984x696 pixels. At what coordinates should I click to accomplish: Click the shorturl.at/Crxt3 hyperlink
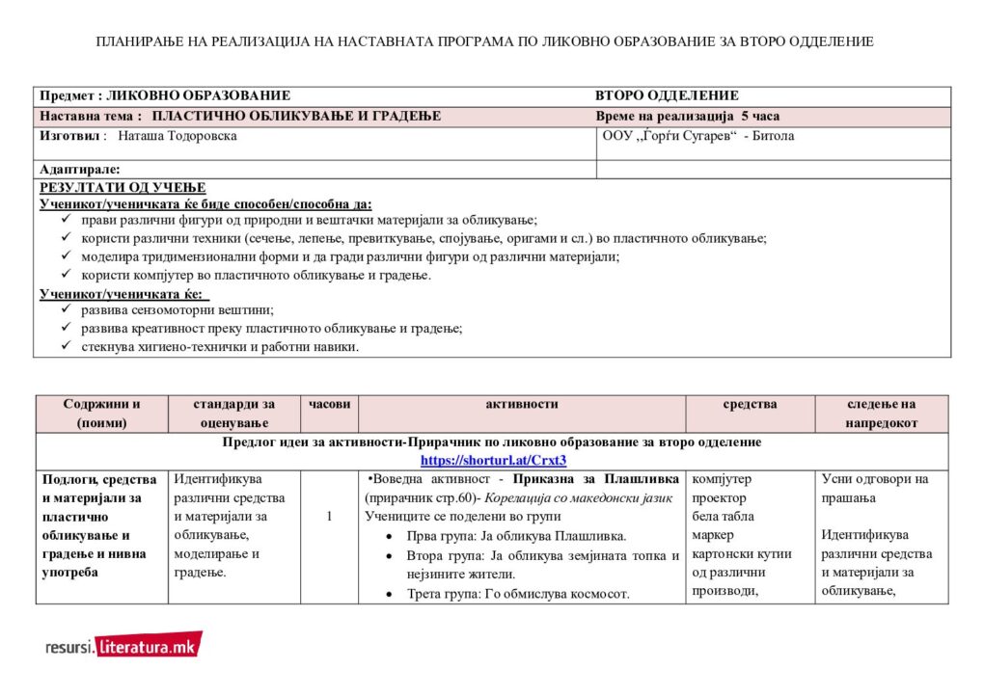click(x=493, y=460)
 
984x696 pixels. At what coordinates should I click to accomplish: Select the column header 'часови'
click(x=329, y=405)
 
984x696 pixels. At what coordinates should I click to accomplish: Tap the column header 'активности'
click(x=521, y=405)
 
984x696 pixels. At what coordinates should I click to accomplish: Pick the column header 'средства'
click(x=750, y=405)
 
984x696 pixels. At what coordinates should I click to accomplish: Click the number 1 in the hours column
click(x=329, y=517)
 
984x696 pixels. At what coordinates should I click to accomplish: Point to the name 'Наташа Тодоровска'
click(x=178, y=136)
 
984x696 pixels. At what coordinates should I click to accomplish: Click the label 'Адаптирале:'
click(x=80, y=170)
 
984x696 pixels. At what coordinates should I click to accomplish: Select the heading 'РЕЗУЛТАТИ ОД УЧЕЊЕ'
click(x=123, y=188)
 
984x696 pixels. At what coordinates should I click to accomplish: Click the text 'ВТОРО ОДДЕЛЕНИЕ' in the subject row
click(x=667, y=95)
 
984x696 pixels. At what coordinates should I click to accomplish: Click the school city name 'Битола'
click(x=770, y=136)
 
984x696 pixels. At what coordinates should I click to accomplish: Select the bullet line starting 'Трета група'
click(x=519, y=594)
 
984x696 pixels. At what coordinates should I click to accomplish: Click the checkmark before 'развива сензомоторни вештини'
click(x=66, y=309)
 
